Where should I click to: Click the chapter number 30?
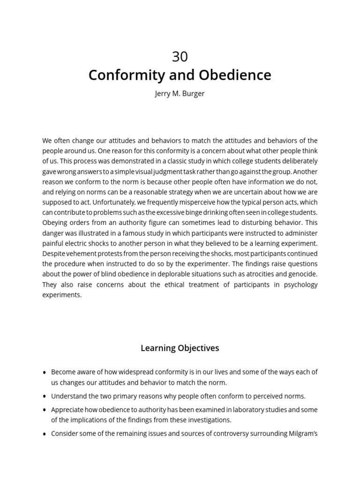click(x=180, y=57)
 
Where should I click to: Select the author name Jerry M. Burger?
click(x=180, y=93)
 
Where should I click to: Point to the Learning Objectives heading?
click(x=180, y=348)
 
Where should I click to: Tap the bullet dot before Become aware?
click(x=45, y=373)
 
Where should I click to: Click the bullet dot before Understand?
click(x=45, y=397)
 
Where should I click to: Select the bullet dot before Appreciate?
click(x=45, y=410)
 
